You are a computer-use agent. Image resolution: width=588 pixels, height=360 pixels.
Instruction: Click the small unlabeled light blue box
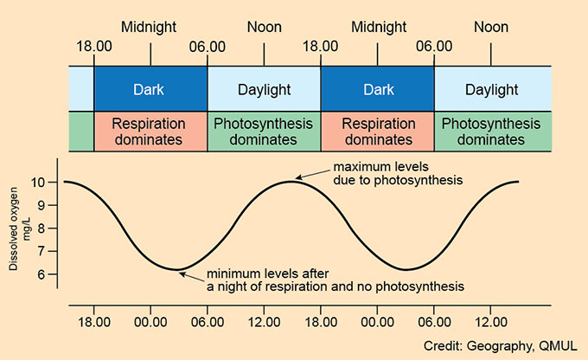click(x=81, y=89)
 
